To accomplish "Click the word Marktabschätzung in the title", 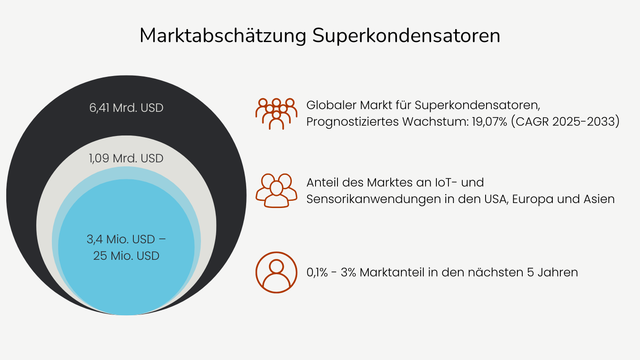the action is point(223,36).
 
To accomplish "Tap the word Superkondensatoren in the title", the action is point(406,36).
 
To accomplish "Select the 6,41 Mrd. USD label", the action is point(126,108).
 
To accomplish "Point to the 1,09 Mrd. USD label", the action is point(126,158).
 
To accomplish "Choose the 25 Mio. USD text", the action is point(126,256).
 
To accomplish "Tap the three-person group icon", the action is point(276,191).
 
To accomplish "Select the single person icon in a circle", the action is point(276,272).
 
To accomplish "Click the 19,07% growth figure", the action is point(490,122).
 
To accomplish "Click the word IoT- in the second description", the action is point(446,182).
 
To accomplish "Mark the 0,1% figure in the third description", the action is point(317,272).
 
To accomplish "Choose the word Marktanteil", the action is point(392,272).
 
